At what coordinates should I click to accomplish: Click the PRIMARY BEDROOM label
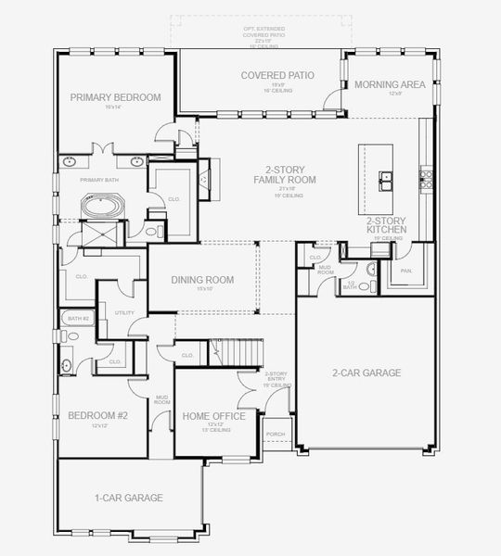pos(115,97)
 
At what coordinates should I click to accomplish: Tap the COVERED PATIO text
pos(277,75)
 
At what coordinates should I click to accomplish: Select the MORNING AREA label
pos(390,84)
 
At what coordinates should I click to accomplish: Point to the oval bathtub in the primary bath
pos(98,204)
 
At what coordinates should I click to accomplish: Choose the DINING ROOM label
pos(202,280)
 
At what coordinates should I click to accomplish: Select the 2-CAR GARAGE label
pos(366,373)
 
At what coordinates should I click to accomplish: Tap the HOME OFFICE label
pos(214,417)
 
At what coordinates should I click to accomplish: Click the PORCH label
pos(276,433)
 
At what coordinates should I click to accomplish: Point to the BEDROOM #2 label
pos(97,416)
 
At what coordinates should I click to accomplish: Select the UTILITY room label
pos(124,313)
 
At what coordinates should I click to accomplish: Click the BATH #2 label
pos(78,319)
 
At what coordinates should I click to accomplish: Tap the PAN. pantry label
pos(405,271)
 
